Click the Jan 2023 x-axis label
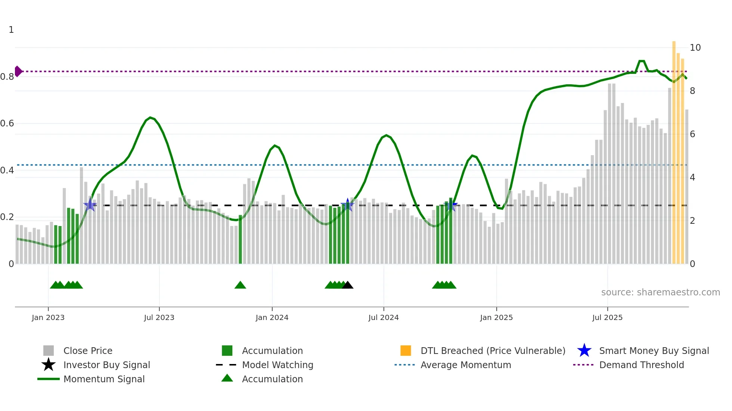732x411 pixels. point(48,317)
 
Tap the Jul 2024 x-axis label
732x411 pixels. point(383,317)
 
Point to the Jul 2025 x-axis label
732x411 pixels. point(607,317)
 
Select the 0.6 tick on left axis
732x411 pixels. point(7,123)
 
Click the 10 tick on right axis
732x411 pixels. point(695,48)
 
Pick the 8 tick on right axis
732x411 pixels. point(692,91)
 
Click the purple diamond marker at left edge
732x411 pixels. point(18,71)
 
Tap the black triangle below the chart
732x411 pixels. point(347,285)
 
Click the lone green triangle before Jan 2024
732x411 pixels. point(240,285)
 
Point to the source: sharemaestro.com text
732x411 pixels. point(660,292)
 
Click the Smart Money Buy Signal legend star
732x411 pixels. point(584,351)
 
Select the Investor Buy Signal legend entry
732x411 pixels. point(106,365)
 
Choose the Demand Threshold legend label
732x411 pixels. point(641,365)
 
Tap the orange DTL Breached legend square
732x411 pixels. point(406,351)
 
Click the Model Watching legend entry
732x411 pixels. point(277,365)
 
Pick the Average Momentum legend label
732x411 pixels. point(465,365)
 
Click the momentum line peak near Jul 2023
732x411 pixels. point(150,117)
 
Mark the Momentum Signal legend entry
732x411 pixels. point(104,379)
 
